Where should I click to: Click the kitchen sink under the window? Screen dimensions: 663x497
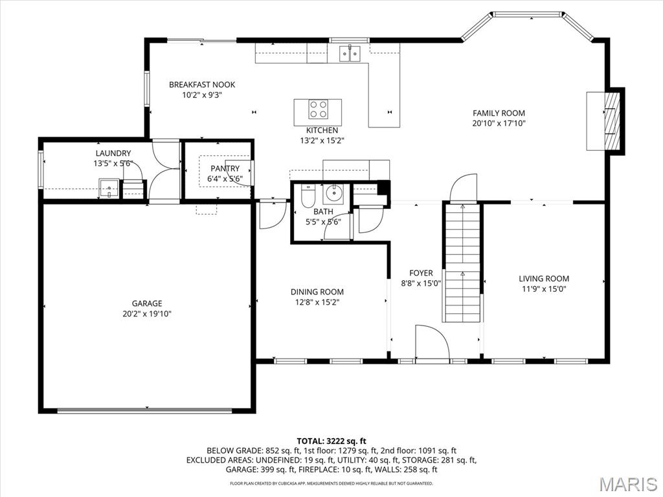click(x=350, y=54)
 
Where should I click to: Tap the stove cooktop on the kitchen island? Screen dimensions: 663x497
click(x=317, y=109)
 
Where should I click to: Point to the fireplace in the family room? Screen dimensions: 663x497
click(x=612, y=121)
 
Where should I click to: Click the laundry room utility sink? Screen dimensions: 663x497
click(x=109, y=188)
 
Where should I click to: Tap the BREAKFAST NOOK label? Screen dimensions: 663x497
click(x=202, y=85)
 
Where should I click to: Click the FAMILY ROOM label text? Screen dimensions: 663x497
click(x=499, y=113)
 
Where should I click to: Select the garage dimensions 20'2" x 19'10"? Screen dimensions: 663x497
click(x=147, y=314)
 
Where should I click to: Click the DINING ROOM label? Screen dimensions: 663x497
click(x=317, y=292)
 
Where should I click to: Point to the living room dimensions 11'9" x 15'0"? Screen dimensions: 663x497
click(x=544, y=289)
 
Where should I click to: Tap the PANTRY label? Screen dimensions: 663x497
click(x=225, y=168)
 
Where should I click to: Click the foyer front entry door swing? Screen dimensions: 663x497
click(x=431, y=343)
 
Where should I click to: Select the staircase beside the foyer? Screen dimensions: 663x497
click(x=462, y=263)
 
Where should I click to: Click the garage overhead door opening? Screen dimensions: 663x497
click(x=144, y=410)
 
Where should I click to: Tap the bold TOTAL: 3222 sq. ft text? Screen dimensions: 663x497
click(x=331, y=441)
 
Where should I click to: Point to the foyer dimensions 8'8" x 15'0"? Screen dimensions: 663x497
click(x=421, y=283)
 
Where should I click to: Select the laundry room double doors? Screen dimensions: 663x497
click(x=165, y=171)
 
